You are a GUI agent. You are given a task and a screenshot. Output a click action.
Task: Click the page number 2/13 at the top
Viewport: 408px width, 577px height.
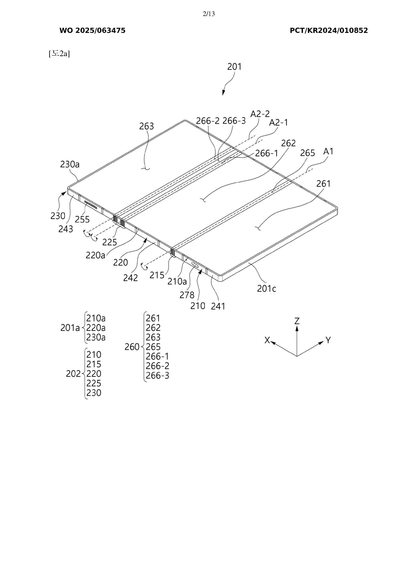coord(209,14)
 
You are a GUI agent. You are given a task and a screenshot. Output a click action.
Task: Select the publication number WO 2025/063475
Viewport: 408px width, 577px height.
coord(92,31)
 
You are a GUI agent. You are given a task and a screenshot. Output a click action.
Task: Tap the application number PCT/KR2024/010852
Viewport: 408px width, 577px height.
coord(329,31)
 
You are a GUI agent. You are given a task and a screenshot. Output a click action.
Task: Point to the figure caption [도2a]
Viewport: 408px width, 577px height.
coord(59,54)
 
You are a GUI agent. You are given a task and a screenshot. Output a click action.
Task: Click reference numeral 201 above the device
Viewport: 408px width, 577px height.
coord(234,67)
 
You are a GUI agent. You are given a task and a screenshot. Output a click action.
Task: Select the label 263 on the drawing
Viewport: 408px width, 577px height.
coord(146,126)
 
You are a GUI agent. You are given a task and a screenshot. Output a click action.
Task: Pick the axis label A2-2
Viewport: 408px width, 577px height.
coord(260,114)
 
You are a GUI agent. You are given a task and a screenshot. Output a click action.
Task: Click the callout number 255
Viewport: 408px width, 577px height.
coord(82,220)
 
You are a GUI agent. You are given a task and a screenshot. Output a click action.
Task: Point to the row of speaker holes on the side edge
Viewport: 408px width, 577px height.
coord(91,205)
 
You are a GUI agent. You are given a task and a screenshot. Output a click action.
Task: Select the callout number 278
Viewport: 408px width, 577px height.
coord(187,295)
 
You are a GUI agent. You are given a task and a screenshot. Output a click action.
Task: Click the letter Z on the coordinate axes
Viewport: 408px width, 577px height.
coord(297,321)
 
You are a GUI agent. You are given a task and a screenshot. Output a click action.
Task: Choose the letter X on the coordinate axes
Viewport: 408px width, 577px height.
coord(267,340)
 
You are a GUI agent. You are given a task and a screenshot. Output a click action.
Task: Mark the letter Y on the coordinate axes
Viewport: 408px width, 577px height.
coord(328,340)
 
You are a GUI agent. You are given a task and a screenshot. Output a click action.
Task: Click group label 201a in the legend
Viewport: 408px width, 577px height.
coord(70,328)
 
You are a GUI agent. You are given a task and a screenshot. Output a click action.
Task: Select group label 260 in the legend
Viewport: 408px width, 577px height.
coord(132,347)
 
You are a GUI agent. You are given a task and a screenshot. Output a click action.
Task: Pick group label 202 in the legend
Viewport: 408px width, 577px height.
coord(73,374)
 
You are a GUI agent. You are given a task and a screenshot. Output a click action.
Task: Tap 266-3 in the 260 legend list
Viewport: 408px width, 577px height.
coord(157,376)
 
